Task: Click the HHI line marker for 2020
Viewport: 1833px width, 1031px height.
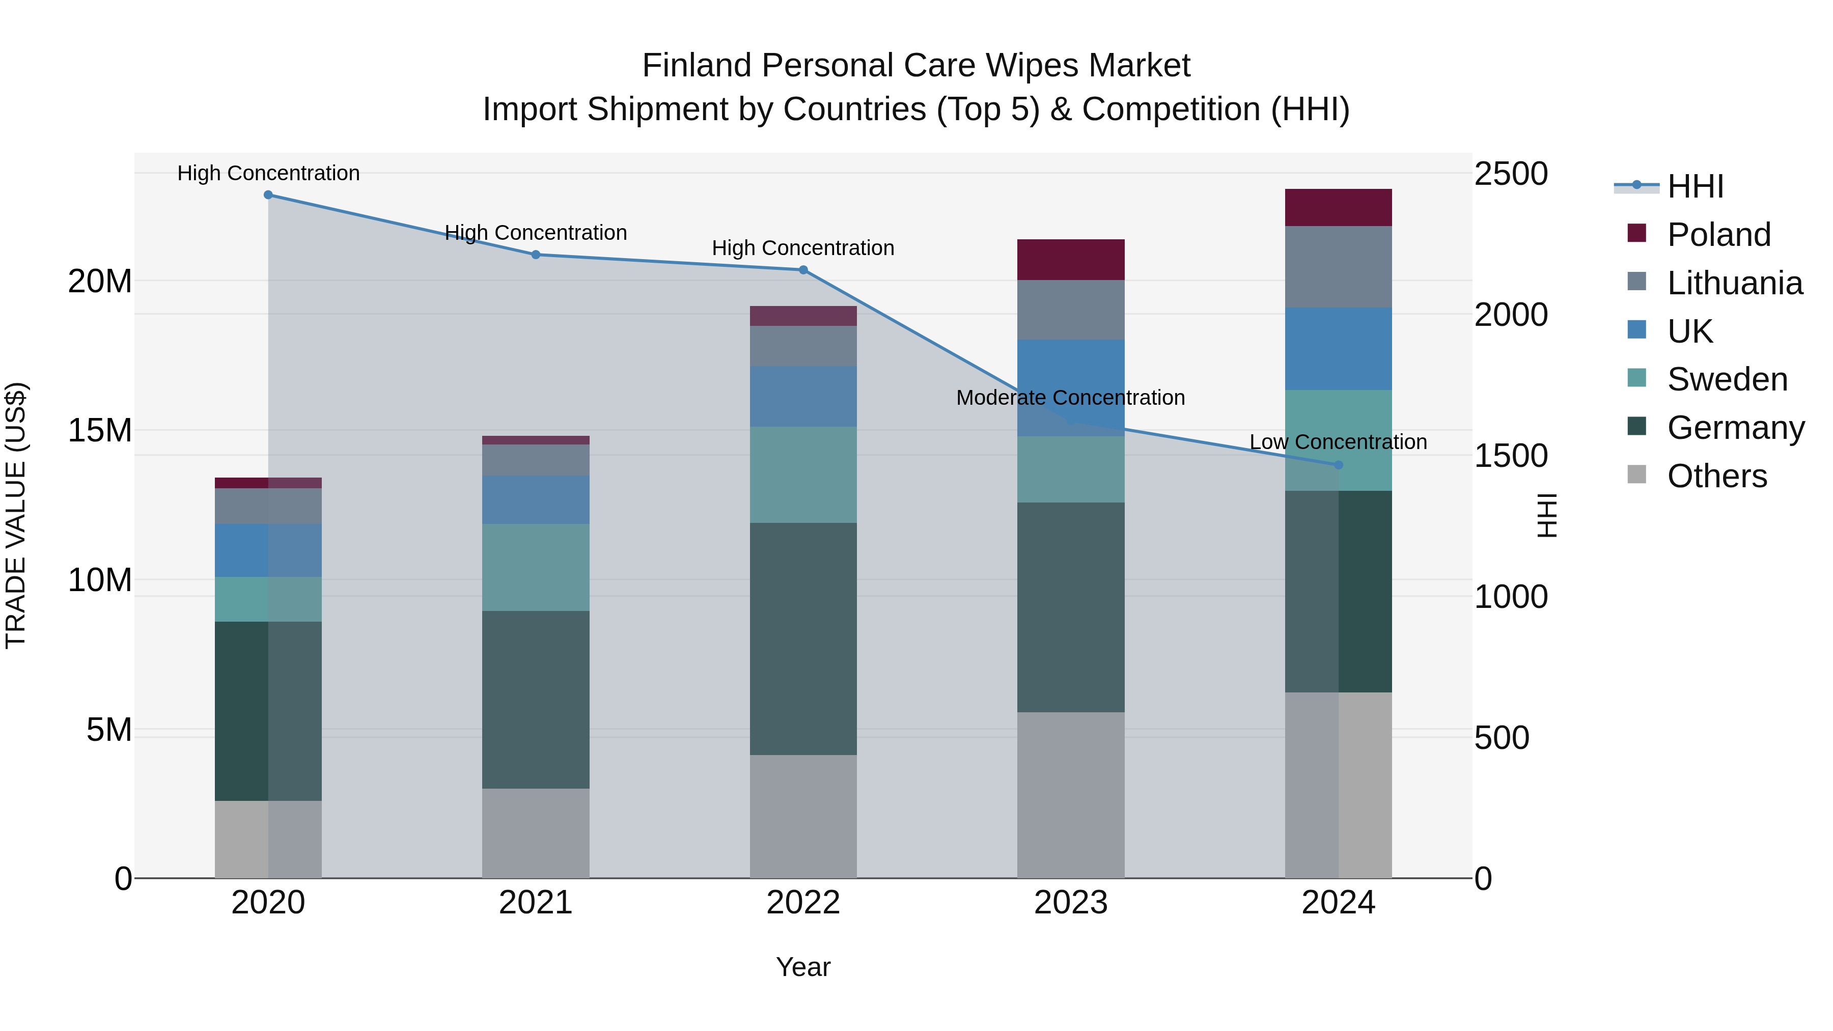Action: pos(268,195)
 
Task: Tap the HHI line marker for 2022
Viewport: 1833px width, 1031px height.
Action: pos(803,270)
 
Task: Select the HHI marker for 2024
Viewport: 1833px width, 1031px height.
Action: pos(1339,465)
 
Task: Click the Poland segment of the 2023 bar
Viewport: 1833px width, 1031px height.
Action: pos(1071,260)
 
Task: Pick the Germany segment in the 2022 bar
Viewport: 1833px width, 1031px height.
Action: pos(803,639)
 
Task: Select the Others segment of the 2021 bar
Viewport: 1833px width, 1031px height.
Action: pos(536,833)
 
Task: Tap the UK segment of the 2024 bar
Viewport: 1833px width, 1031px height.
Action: pos(1339,349)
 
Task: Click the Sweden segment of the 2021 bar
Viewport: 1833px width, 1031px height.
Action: pos(536,567)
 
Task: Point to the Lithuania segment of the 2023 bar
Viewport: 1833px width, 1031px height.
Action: pos(1071,310)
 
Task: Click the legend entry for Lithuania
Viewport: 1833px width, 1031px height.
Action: pos(1734,283)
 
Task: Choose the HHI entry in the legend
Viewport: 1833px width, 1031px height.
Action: pos(1695,186)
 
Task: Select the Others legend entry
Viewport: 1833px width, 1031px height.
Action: pos(1716,476)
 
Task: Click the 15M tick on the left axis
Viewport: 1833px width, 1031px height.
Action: pos(100,430)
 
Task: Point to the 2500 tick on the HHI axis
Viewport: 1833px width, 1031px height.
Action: pos(1511,174)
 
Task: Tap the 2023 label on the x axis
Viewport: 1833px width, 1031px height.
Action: pos(1071,903)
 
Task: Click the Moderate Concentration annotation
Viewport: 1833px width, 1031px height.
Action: pos(1070,398)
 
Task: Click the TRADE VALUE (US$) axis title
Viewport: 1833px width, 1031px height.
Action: pos(16,515)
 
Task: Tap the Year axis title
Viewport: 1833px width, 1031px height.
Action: pos(803,967)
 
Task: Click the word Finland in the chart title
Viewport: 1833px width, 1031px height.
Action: pos(697,66)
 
